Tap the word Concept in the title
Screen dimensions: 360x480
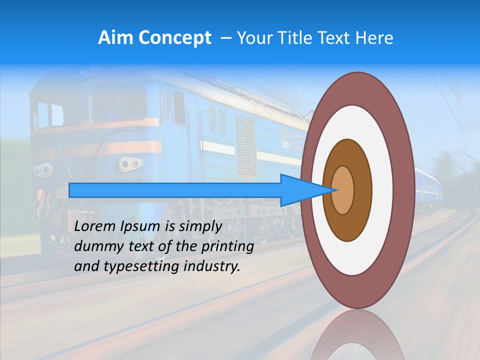(x=174, y=38)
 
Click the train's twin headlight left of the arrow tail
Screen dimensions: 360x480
(x=43, y=170)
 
